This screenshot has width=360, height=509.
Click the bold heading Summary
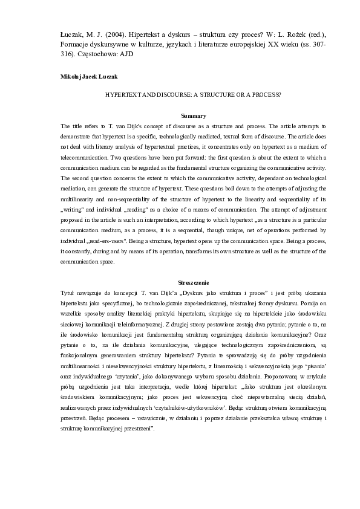(194, 115)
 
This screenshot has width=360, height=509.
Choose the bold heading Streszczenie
(194, 282)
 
